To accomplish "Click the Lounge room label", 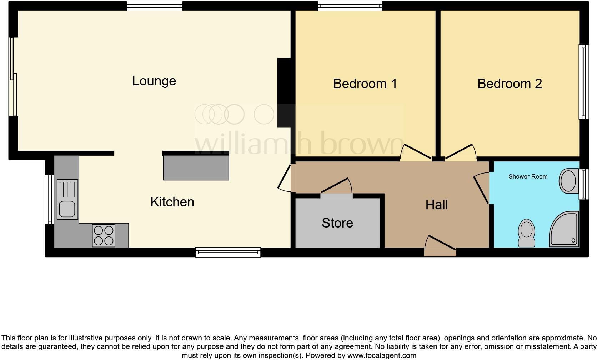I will click(x=154, y=81).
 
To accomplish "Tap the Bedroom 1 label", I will click(x=365, y=84).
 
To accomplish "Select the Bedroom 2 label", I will click(x=510, y=84).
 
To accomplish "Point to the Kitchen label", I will click(x=172, y=202).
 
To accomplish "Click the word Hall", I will click(x=436, y=205).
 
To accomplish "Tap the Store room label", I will click(x=337, y=223).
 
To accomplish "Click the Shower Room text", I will click(x=528, y=176).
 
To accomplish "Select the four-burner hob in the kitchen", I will click(x=104, y=235).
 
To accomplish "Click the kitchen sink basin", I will click(x=67, y=209).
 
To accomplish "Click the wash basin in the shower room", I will click(x=568, y=180).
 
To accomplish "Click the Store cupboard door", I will click(x=336, y=186).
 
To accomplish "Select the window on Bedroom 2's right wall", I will click(x=583, y=82).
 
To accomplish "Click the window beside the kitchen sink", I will click(x=49, y=199).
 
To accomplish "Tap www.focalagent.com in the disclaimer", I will click(x=382, y=355).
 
